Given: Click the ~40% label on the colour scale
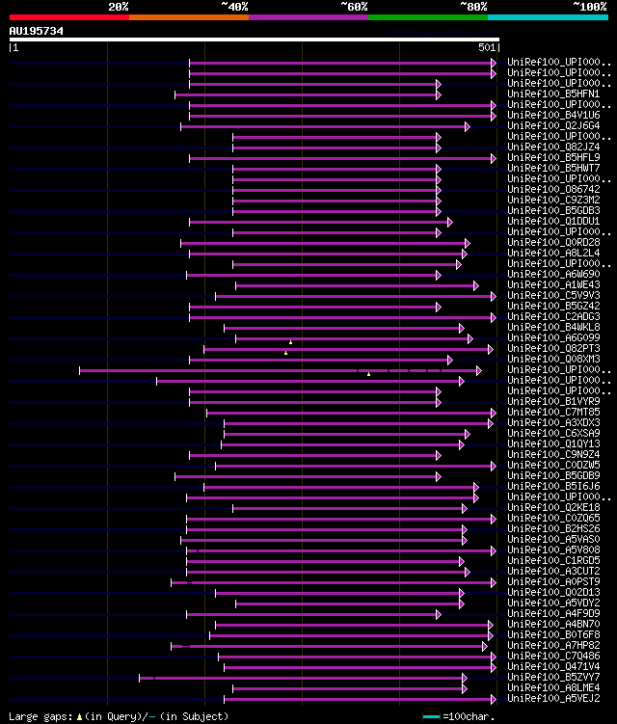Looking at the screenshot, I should (234, 6).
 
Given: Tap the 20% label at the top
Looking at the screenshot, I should (119, 6).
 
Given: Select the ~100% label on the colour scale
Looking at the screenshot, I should (590, 6).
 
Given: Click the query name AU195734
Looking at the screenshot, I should (37, 31).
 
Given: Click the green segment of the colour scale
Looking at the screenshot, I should (427, 17).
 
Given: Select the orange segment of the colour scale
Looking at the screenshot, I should (188, 17).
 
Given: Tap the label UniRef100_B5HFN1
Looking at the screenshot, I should (554, 94).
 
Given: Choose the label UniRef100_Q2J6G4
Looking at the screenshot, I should (554, 126).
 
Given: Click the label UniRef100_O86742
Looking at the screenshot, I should (554, 189).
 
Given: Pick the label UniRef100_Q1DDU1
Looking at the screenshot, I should (554, 221).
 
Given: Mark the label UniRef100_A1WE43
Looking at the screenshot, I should (554, 285).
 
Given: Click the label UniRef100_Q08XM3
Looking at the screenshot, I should (554, 360).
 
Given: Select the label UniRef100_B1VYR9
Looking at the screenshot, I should (554, 401).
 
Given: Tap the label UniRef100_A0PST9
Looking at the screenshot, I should (554, 582).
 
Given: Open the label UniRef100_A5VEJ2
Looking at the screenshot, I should (554, 699).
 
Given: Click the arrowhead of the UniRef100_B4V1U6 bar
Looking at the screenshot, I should (494, 116).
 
